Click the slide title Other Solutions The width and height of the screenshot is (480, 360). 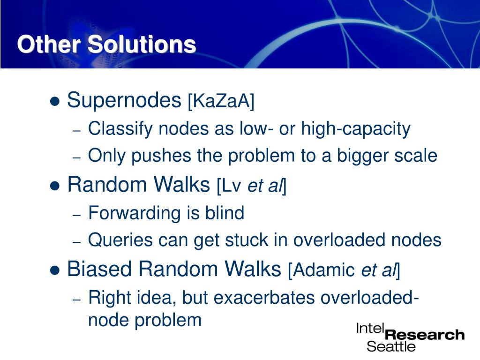pos(106,45)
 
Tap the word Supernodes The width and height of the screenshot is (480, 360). pos(124,100)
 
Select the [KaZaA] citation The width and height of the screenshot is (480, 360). pos(220,101)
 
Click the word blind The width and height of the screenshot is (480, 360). pos(225,213)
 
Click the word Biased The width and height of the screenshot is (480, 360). pos(100,269)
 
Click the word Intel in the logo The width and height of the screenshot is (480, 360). pos(370,328)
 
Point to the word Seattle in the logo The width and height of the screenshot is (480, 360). pos(391,346)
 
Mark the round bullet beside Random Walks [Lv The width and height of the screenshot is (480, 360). pos(55,186)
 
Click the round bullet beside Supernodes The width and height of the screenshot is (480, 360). pos(55,101)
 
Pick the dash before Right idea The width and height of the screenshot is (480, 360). pos(78,299)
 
